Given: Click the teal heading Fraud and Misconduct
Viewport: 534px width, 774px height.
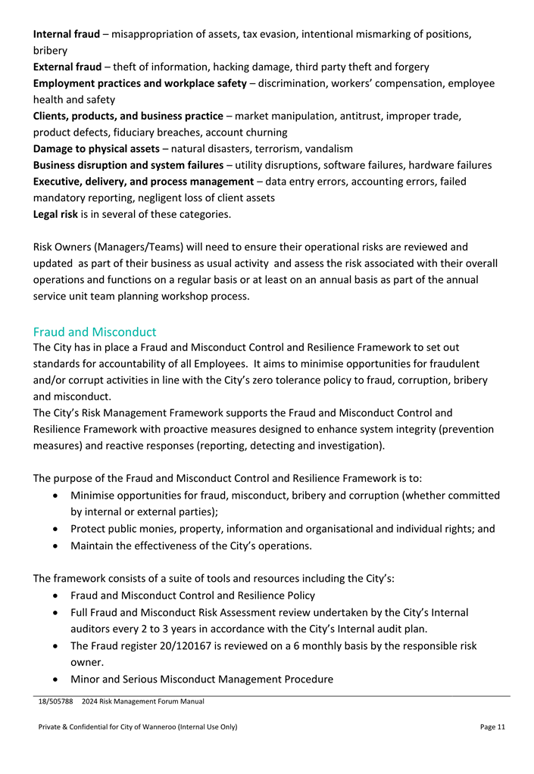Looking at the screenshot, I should (x=95, y=331).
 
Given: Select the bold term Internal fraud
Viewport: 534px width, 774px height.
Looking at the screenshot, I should (x=67, y=34).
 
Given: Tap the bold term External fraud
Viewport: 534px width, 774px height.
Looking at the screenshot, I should (x=67, y=67).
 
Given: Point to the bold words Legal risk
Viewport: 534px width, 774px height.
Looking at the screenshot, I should (x=55, y=214).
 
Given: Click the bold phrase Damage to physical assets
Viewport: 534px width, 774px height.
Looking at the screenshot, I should (x=96, y=148).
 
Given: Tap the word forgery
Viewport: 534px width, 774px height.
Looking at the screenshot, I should (x=409, y=67).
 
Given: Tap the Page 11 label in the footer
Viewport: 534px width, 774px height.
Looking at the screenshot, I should (x=492, y=727).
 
